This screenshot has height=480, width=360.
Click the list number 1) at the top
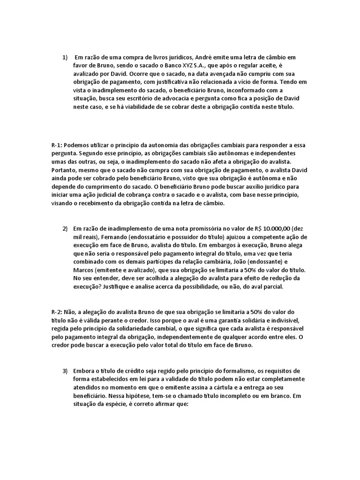(65, 57)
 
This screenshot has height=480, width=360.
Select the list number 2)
(65, 229)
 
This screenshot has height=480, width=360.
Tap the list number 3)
(65, 371)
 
